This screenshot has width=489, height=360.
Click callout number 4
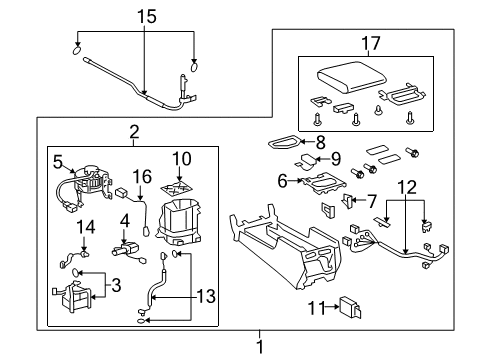point(125,219)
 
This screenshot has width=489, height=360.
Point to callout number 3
point(117,286)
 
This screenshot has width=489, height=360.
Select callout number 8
point(321,142)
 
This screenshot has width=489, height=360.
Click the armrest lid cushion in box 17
point(338,79)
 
